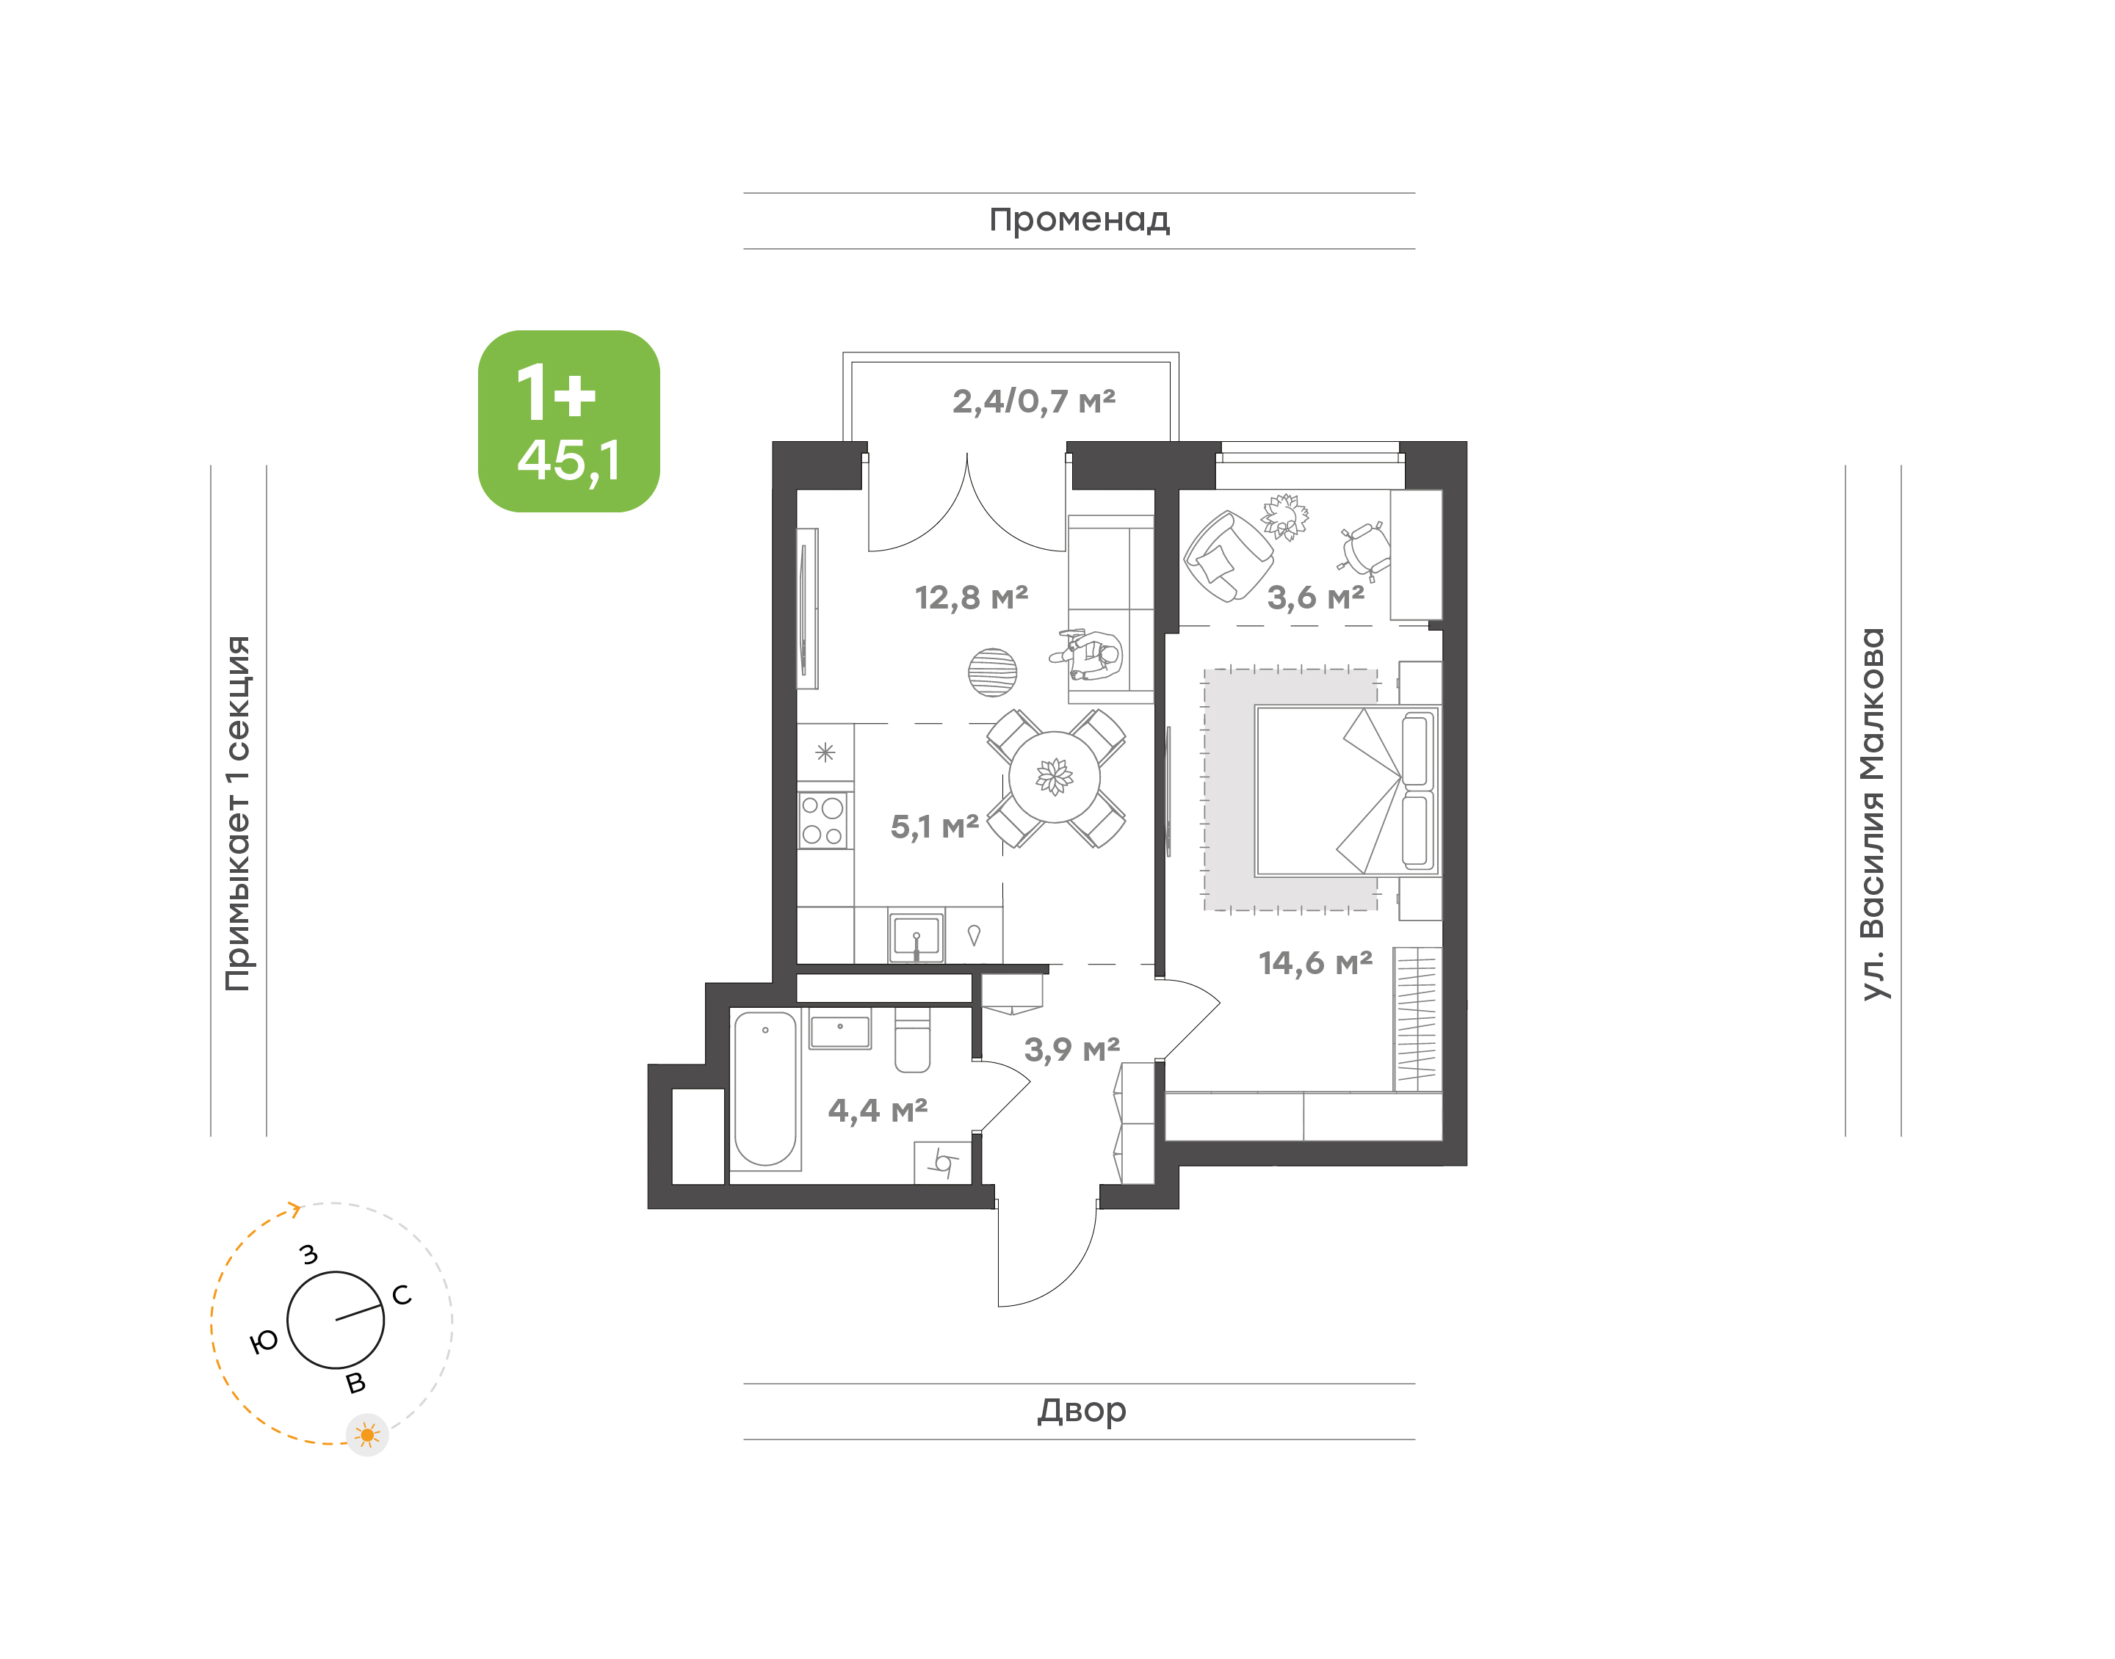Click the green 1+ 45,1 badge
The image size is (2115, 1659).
[x=568, y=421]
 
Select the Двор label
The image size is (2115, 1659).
[x=1080, y=1410]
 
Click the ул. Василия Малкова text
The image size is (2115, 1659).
[x=1872, y=814]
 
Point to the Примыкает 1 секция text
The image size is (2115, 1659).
[x=238, y=814]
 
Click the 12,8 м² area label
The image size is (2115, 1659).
[x=971, y=598]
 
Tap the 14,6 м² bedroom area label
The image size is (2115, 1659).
[x=1315, y=962]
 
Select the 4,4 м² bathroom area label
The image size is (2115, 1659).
[x=878, y=1109]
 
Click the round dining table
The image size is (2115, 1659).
[x=1054, y=777]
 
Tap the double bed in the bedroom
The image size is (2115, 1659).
[x=1347, y=791]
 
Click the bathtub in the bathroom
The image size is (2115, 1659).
[x=765, y=1088]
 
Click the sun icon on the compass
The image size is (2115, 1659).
[x=367, y=1434]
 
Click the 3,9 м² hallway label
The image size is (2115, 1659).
[x=1071, y=1049]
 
